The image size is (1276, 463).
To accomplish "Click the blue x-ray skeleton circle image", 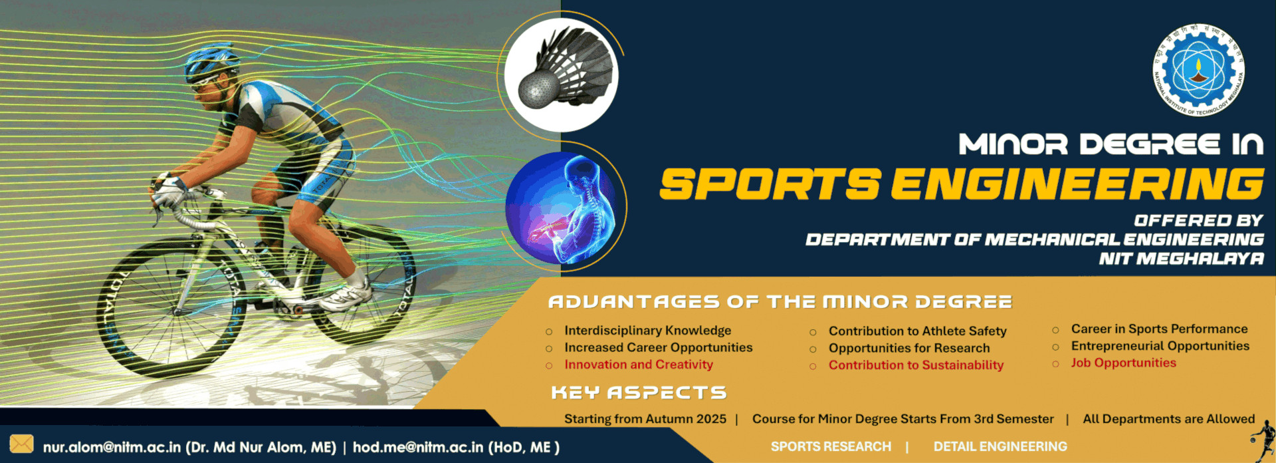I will point(562,208).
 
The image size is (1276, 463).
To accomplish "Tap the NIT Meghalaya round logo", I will point(1198,70).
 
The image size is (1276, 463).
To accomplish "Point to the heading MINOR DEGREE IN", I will point(1110,144).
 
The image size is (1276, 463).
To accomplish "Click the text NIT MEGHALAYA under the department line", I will point(1181,258).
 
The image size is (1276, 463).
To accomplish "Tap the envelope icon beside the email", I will point(21,444).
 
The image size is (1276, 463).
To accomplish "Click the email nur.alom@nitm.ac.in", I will point(112,447).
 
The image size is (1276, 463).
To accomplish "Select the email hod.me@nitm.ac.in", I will point(417,447).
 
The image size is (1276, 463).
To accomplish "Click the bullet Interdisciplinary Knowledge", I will point(647,331).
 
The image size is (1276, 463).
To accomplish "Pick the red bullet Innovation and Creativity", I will point(638,365).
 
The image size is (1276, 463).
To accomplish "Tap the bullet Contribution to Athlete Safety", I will point(917,331).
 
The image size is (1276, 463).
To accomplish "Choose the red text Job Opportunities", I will point(1123,363).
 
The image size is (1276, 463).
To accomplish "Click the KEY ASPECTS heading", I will point(639,392).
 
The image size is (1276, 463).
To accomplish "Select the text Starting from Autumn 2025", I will point(645,419).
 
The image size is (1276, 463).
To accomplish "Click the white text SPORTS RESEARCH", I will point(831,446).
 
